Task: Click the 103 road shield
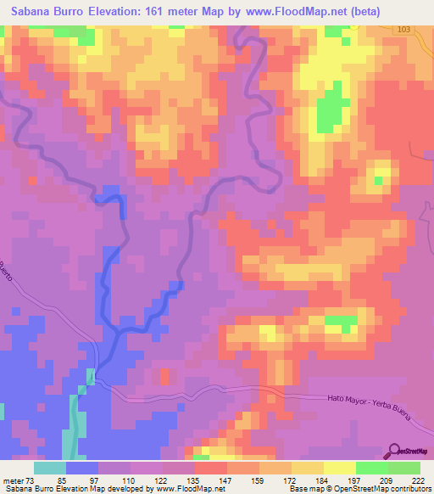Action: point(403,29)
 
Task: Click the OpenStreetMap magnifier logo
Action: point(394,452)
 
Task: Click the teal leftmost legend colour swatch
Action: point(50,469)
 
